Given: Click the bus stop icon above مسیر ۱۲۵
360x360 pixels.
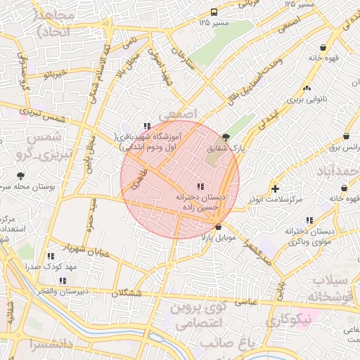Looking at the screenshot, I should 214,12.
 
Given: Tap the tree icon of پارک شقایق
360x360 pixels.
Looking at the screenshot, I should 226,137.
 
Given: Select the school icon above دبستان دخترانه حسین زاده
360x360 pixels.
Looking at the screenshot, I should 200,186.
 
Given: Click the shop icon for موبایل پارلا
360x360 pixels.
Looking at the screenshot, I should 219,227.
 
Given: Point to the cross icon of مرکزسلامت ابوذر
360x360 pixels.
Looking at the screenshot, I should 275,188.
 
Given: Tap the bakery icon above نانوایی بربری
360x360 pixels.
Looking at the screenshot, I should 307,89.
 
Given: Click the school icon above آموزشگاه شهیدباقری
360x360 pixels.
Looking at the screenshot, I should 146,126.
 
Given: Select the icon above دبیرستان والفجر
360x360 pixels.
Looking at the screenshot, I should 63,280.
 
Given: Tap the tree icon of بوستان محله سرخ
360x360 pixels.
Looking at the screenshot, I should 20,176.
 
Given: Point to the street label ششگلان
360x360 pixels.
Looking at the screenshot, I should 127,292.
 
